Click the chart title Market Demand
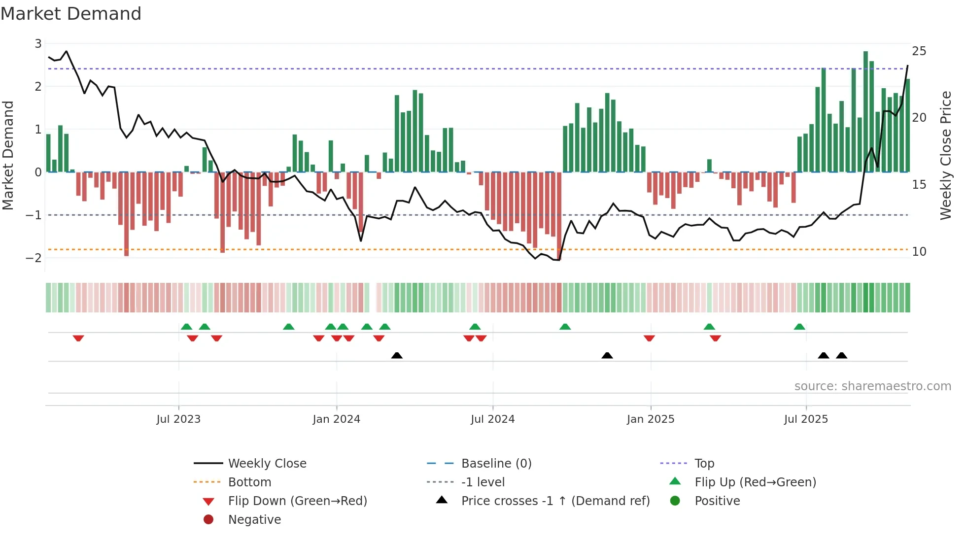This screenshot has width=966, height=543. point(71,14)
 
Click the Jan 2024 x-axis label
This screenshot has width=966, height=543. point(336,419)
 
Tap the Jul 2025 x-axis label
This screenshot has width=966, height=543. point(806,419)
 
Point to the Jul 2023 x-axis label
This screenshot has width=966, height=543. point(178,419)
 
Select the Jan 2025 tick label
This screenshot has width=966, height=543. point(651,419)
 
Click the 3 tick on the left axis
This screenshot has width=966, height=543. point(38,44)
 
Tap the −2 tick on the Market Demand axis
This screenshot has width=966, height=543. point(34,258)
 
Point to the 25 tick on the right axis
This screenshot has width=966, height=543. point(919,51)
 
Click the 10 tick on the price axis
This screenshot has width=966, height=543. point(919,252)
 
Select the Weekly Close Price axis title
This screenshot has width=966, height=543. point(945,155)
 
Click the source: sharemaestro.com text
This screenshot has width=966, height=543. point(872,386)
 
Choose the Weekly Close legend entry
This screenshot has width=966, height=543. point(267,464)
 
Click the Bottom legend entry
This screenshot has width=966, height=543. point(249,482)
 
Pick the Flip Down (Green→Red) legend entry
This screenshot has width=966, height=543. point(297,501)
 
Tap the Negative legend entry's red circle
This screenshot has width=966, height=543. point(208,520)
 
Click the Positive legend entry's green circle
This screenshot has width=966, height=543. point(675,501)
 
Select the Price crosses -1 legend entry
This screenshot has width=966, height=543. point(555,501)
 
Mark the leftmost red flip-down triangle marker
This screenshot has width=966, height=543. point(78,338)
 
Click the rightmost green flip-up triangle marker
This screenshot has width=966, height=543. point(799,327)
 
